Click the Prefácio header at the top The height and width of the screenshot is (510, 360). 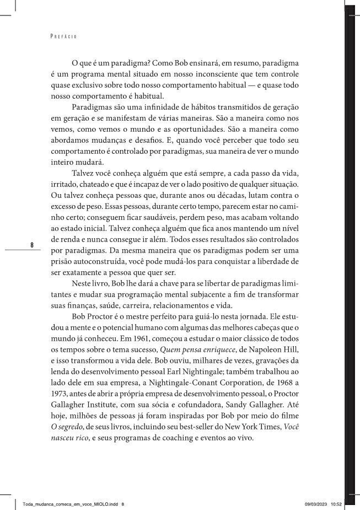pos(63,37)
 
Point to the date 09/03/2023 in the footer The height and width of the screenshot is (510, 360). pos(316,504)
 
